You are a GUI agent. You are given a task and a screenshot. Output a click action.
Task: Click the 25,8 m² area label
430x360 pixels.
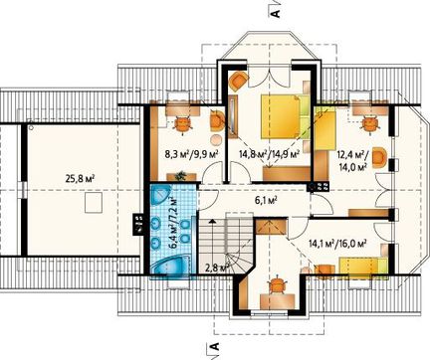(x=81, y=179)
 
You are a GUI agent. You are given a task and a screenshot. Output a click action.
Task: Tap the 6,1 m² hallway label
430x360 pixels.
(x=264, y=200)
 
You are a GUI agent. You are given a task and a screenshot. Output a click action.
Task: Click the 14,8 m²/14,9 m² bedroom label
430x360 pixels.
(x=270, y=153)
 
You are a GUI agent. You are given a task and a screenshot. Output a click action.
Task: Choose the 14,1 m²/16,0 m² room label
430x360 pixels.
(x=337, y=244)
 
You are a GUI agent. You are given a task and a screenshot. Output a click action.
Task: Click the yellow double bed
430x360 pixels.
(x=286, y=116)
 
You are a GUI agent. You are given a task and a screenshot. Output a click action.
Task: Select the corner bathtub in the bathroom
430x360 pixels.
(x=171, y=265)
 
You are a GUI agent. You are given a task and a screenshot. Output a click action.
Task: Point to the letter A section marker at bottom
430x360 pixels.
(x=215, y=347)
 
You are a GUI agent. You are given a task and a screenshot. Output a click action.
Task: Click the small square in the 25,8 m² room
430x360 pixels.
(x=93, y=203)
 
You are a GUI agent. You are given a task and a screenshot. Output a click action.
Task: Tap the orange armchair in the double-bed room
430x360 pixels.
(x=239, y=81)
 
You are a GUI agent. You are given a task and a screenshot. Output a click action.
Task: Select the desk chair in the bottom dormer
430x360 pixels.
(x=277, y=285)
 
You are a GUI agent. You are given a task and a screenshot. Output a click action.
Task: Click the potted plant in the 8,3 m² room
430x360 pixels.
(x=181, y=175)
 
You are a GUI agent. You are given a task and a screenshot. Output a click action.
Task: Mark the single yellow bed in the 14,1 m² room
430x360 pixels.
(x=363, y=267)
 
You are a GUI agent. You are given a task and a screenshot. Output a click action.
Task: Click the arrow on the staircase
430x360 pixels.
(x=212, y=223)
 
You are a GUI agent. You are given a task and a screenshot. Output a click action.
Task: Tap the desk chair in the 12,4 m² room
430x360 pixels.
(x=368, y=124)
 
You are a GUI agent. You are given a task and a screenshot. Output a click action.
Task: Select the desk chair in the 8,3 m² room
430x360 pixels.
(x=183, y=125)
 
